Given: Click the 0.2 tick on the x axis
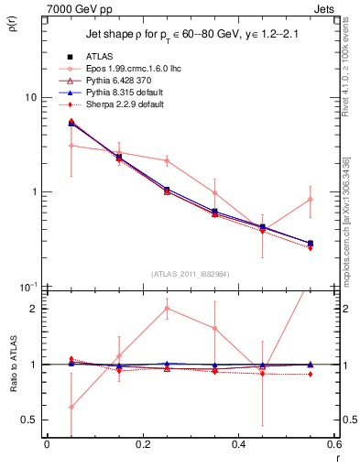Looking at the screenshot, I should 142,446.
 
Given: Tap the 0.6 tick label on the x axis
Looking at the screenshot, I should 333,446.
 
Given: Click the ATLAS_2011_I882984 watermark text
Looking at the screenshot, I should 190,275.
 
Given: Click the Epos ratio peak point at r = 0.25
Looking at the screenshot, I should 166,309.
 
